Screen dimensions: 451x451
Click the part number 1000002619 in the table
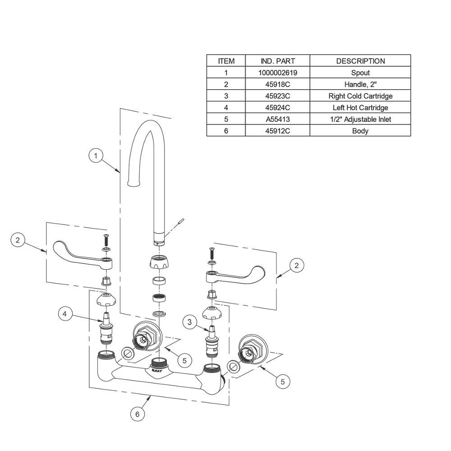coord(277,73)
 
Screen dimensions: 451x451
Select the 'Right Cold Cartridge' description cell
coord(360,96)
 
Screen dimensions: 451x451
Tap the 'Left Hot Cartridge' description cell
coord(360,108)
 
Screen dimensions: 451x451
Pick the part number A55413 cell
coord(277,119)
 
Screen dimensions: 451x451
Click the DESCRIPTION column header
coord(360,61)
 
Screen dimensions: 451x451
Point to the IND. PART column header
coord(277,61)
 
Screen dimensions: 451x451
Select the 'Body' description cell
coord(360,131)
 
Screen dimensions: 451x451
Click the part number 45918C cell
coord(277,84)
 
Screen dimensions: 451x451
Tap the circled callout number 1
coord(96,156)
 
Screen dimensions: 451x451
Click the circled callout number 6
coord(137,414)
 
